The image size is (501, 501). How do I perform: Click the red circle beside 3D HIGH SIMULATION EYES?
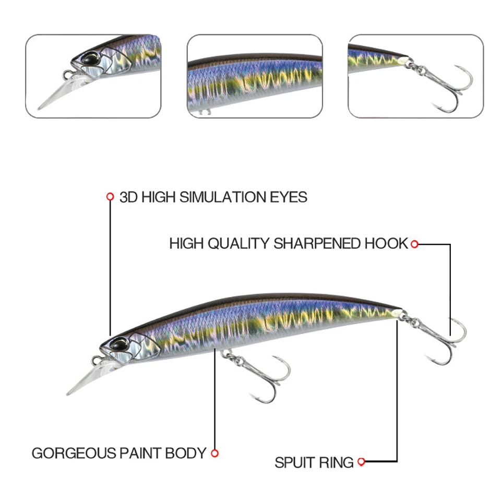click(110, 197)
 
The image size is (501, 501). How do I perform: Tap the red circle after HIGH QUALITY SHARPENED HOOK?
click(414, 244)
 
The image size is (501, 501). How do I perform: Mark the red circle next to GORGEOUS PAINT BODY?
click(214, 454)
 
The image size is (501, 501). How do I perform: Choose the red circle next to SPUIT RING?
click(361, 462)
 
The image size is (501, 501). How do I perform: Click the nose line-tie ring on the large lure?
click(97, 360)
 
